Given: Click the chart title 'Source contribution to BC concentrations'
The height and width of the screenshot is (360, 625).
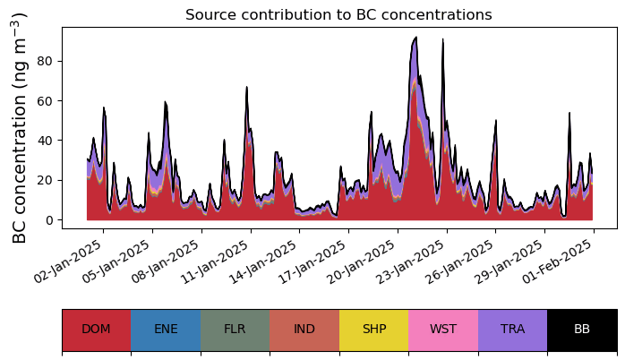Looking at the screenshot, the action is click(x=338, y=14).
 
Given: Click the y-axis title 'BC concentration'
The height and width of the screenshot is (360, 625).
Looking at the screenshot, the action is click(x=19, y=127).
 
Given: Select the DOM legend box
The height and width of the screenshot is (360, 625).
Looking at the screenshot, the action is click(x=97, y=330).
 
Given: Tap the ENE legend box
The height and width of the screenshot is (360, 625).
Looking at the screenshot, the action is click(x=166, y=330).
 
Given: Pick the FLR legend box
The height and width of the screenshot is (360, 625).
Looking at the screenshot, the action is click(x=235, y=330).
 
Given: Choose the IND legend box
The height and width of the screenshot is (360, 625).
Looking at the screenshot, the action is click(x=304, y=330).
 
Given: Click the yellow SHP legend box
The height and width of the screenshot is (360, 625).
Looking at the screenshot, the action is click(x=374, y=330).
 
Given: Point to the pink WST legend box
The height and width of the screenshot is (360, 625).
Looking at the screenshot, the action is click(x=443, y=330).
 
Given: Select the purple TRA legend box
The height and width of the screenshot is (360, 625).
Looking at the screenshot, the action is click(x=512, y=330).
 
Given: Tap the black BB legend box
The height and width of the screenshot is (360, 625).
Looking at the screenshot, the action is click(x=582, y=330).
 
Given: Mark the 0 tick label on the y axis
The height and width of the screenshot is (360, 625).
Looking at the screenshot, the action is click(x=49, y=220).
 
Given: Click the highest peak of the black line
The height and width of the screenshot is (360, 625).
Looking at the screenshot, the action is click(x=415, y=37).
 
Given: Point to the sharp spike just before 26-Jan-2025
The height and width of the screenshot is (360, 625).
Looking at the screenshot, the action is click(x=442, y=39).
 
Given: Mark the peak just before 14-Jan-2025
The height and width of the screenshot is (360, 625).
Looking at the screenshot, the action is click(x=247, y=87).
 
